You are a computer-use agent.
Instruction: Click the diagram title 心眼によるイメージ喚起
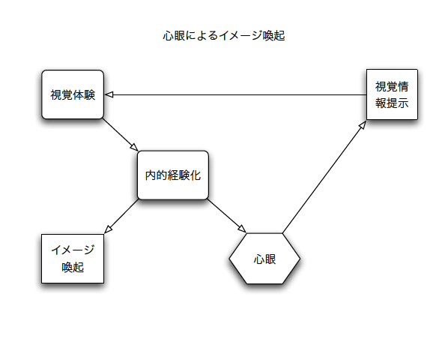(224, 36)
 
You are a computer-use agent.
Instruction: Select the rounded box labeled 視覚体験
(73, 94)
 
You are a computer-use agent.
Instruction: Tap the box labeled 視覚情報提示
(392, 94)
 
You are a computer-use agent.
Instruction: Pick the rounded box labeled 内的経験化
(173, 175)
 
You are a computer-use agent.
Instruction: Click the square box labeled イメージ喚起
(73, 259)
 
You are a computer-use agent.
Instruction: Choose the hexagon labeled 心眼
(264, 259)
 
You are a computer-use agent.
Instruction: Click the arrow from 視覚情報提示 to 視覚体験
(236, 94)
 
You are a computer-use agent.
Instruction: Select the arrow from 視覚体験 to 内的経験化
(121, 135)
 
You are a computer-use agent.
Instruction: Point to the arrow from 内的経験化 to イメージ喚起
(121, 216)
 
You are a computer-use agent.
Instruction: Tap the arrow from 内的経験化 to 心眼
(226, 216)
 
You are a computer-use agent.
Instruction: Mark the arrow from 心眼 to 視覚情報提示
(324, 177)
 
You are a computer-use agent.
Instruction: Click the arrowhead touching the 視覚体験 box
(109, 94)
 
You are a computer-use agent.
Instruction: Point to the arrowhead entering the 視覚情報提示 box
(363, 125)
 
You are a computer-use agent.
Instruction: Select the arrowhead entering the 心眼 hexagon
(242, 229)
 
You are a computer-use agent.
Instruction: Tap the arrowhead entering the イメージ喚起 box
(108, 229)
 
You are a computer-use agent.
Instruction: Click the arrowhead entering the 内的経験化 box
(135, 147)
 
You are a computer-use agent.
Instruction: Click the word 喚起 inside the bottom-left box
(73, 267)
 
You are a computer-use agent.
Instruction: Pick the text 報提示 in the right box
(392, 103)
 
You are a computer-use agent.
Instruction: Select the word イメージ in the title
(240, 36)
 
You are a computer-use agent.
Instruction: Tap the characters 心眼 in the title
(174, 36)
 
